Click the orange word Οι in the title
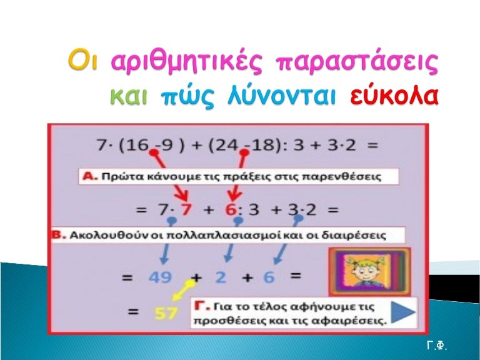82,63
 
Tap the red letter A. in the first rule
90,177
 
